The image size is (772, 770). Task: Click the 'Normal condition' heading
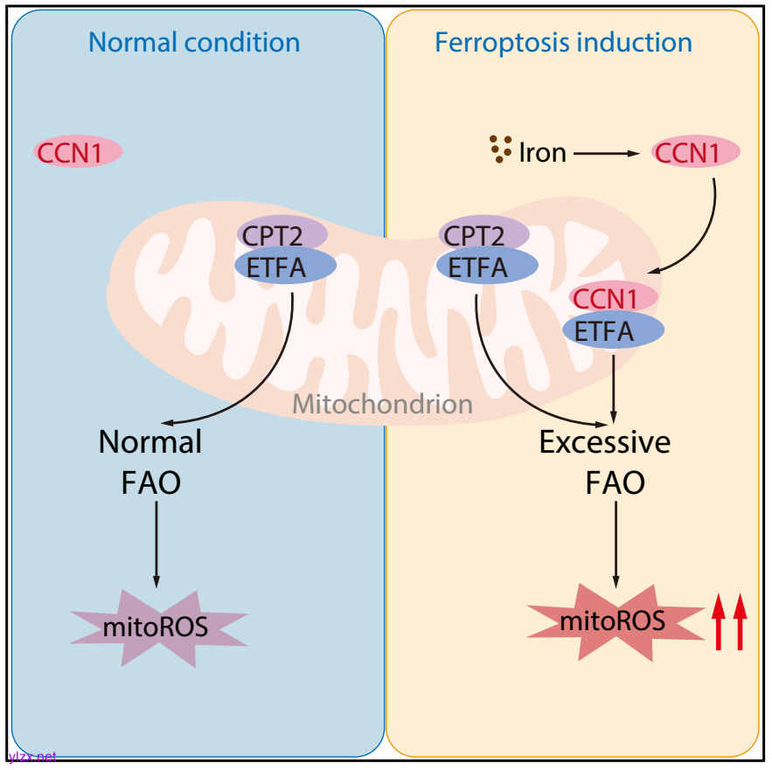coord(194,42)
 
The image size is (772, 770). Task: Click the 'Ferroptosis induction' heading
coord(564,42)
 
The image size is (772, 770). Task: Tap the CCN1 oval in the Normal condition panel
coord(78,152)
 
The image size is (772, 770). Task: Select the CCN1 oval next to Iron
coord(697,153)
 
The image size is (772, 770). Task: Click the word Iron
coord(543,154)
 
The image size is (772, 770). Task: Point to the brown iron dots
coord(500,149)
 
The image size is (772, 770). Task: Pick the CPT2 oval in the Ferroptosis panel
coord(483,234)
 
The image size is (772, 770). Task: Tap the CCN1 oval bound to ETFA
coord(614,298)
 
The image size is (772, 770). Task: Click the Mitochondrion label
coord(382,404)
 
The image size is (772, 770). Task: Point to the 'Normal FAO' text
coord(150,461)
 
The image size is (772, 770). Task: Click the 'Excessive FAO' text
coord(605,461)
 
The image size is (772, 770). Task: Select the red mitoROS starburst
coord(613,621)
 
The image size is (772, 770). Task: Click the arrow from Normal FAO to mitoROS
coord(156,542)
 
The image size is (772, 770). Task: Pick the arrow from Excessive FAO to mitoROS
coord(616,542)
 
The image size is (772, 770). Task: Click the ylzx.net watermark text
coord(31,756)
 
